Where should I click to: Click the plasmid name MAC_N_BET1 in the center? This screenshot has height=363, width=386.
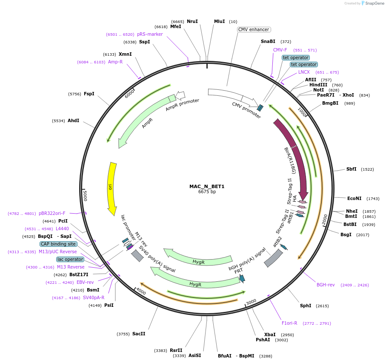[207, 186]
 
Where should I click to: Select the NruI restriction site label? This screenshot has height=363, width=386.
[192, 21]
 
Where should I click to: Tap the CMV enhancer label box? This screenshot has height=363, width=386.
[254, 29]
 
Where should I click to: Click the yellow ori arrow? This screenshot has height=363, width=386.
[112, 187]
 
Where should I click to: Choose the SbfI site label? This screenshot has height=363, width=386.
[351, 169]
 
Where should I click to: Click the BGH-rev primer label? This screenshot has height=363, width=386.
[326, 285]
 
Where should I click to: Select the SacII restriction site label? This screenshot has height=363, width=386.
[139, 334]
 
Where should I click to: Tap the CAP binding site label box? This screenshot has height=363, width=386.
[59, 244]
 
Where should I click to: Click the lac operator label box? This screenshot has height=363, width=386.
[70, 259]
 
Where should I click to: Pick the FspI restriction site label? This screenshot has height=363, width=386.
[89, 94]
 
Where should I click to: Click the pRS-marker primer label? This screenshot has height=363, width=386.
[150, 34]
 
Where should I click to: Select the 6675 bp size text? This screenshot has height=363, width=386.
[207, 192]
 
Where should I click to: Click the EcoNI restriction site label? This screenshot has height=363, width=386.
[354, 198]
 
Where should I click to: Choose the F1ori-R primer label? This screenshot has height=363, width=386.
[289, 323]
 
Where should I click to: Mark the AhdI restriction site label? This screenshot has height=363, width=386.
[73, 120]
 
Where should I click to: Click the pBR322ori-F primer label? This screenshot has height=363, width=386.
[52, 213]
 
